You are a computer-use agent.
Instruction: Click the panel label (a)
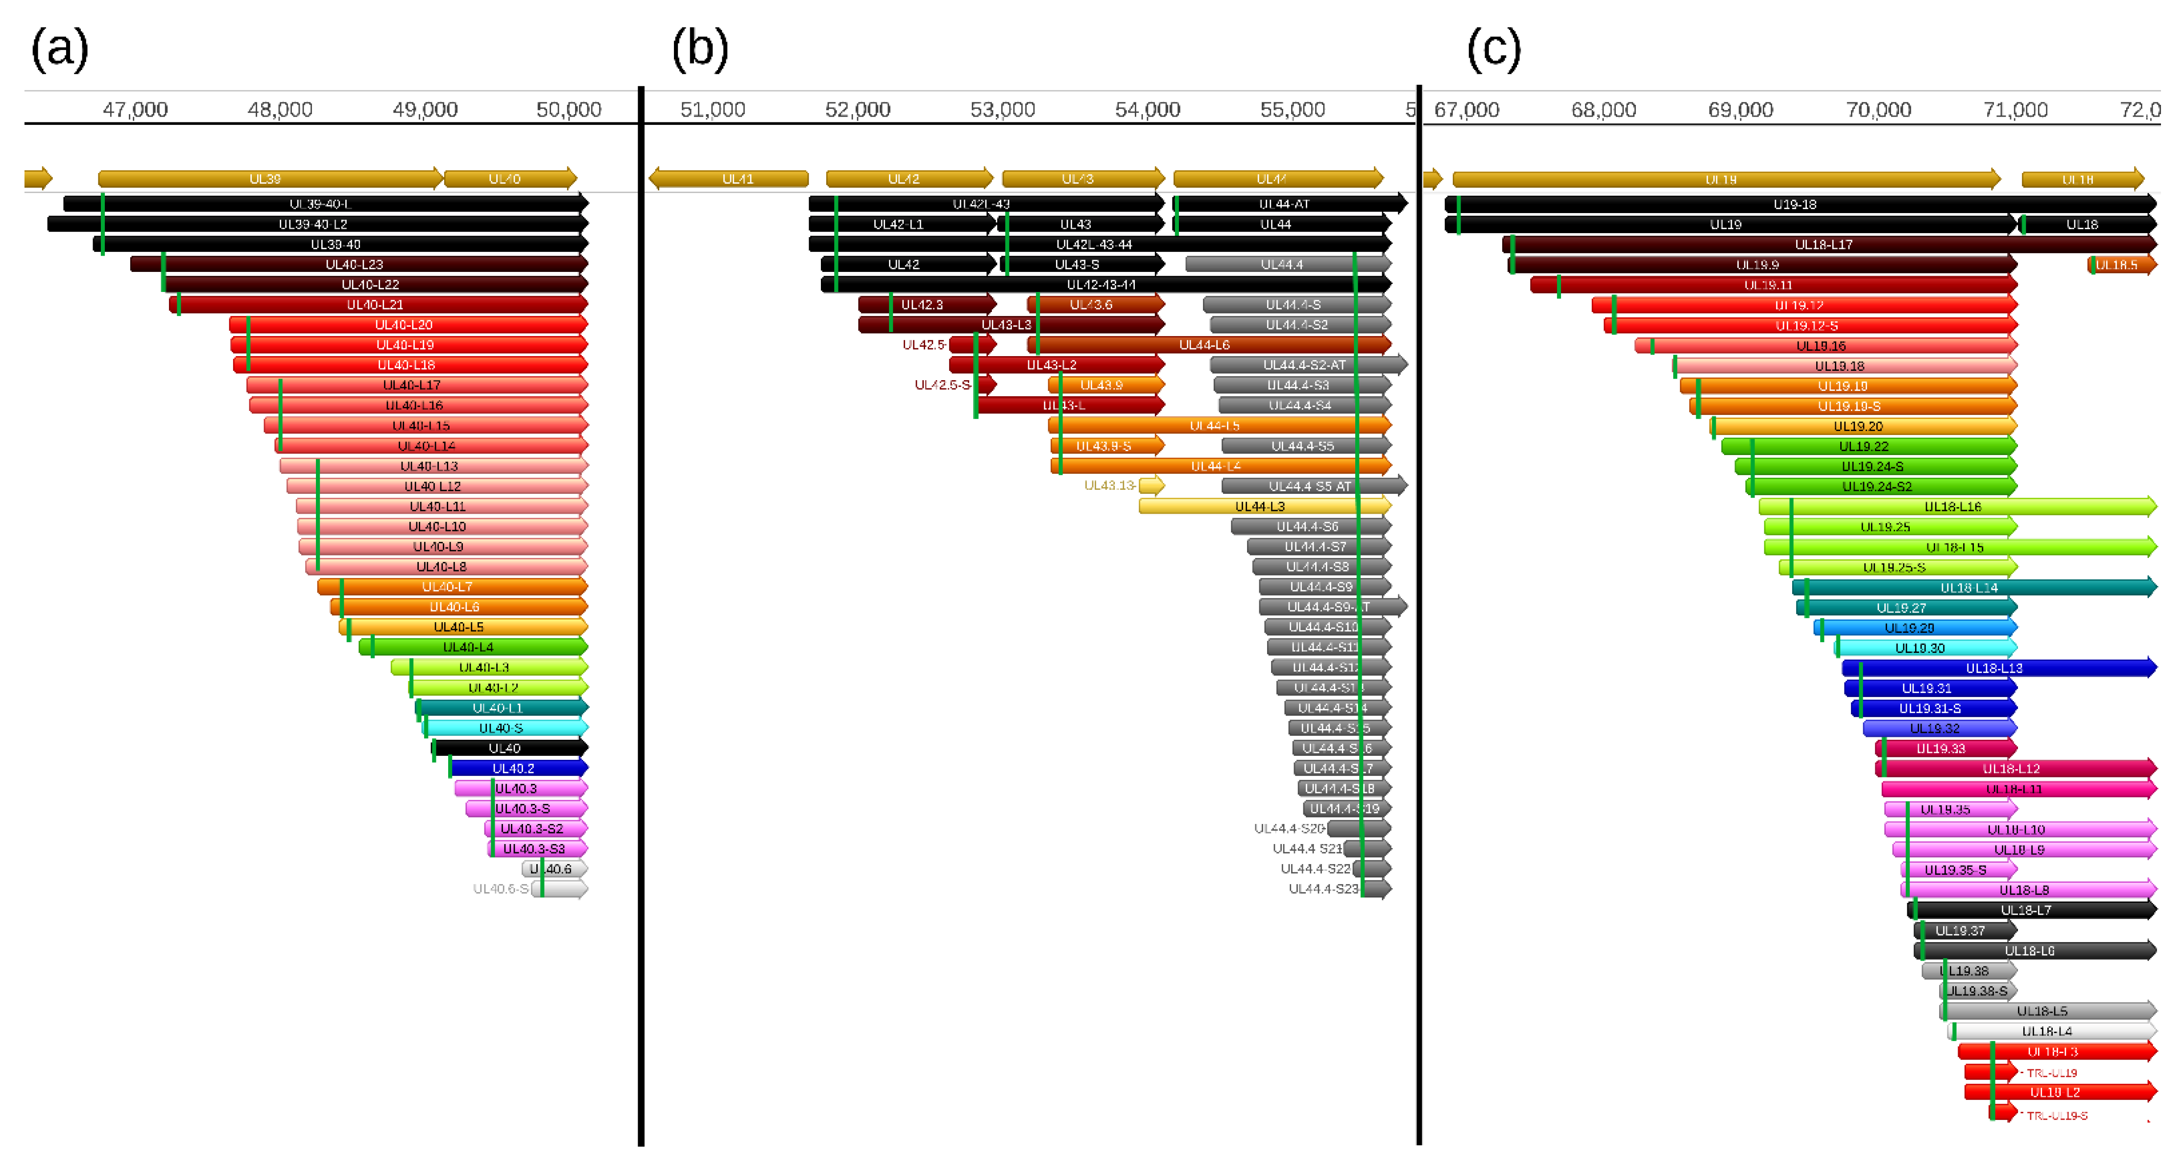pyautogui.click(x=59, y=49)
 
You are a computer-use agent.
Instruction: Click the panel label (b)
pyautogui.click(x=699, y=49)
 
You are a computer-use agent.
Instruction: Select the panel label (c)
pyautogui.click(x=1494, y=49)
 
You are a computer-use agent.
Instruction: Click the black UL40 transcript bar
pyautogui.click(x=509, y=748)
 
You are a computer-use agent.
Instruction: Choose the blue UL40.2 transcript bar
pyautogui.click(x=517, y=768)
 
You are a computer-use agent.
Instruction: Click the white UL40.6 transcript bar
pyautogui.click(x=555, y=869)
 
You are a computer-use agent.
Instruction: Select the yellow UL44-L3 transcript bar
pyautogui.click(x=1263, y=507)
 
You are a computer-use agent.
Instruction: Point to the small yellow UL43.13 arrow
pyautogui.click(x=1152, y=485)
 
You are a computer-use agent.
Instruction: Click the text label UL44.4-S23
pyautogui.click(x=1322, y=889)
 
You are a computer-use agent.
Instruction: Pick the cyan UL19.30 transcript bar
pyautogui.click(x=1924, y=648)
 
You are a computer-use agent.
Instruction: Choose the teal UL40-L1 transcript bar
pyautogui.click(x=502, y=708)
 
